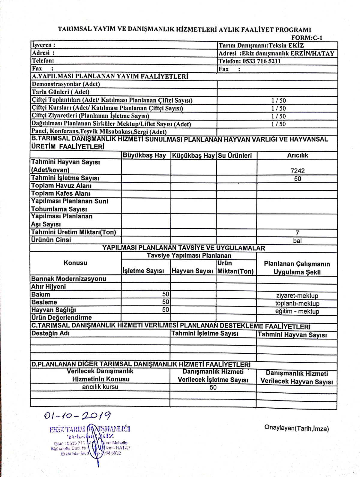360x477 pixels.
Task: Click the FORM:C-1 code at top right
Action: coord(307,38)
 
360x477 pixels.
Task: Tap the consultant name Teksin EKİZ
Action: coord(286,46)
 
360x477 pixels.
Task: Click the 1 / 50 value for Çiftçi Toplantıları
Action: coord(279,100)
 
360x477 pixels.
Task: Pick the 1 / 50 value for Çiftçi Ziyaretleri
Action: coord(279,116)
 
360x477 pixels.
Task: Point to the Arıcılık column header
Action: coord(297,155)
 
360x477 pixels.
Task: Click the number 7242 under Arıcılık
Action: coord(297,171)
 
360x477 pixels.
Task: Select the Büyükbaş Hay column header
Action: coord(144,155)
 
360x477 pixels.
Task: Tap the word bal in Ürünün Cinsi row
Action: coord(297,241)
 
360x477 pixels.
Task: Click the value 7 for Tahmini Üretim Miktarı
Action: coord(297,233)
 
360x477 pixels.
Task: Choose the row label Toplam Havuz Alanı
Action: coord(61,186)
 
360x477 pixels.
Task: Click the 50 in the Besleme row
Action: coord(166,302)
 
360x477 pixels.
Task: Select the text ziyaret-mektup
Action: coord(297,295)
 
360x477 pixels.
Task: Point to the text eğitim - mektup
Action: coord(297,311)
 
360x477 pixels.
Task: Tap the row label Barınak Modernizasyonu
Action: coord(69,279)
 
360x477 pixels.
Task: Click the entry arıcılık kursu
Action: coord(100,387)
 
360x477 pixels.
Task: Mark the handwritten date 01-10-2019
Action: coord(77,416)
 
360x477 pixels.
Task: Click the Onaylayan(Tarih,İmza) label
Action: coord(296,428)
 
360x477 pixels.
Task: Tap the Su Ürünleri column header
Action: coord(235,155)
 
